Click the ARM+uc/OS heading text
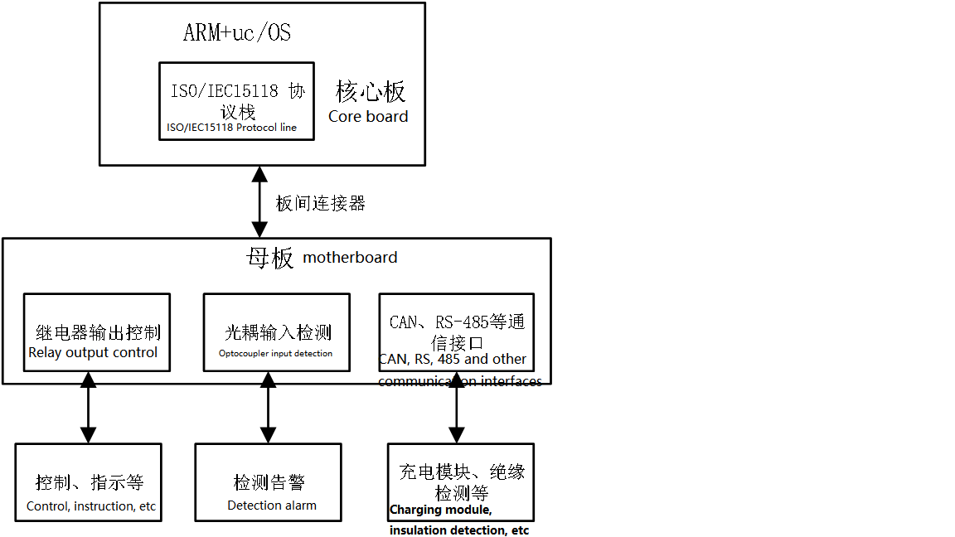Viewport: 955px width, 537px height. tap(236, 33)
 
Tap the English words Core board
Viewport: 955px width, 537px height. tap(368, 117)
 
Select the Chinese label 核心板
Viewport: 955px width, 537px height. tap(370, 91)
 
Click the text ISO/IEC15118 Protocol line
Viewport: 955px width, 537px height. tap(231, 128)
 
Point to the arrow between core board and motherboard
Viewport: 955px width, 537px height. tap(260, 201)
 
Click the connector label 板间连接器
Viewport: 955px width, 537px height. tap(320, 203)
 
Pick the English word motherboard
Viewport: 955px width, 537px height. tap(350, 258)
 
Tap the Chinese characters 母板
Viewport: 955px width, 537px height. tap(270, 258)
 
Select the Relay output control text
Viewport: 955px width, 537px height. tap(93, 352)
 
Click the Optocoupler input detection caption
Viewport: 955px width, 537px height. tap(275, 354)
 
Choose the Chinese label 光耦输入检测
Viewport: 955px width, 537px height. tap(278, 333)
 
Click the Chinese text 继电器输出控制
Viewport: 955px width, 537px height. tap(98, 333)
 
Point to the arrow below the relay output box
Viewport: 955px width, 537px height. tap(88, 408)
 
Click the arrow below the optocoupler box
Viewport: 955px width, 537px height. tap(268, 408)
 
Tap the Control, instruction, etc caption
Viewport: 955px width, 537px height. tap(91, 506)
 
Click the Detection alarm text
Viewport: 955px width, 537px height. tap(272, 506)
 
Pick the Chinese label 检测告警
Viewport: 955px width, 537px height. tap(269, 482)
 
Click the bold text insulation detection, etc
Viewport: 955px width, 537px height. tap(459, 530)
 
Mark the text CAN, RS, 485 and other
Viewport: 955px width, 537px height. tap(453, 360)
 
